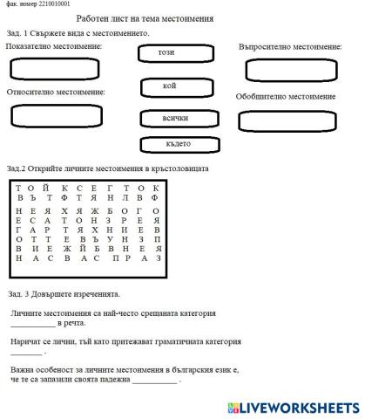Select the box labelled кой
coord(170,86)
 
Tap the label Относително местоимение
coord(56,92)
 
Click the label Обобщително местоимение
coord(286,97)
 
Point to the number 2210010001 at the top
coord(49,4)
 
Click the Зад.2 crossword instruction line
coord(106,168)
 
